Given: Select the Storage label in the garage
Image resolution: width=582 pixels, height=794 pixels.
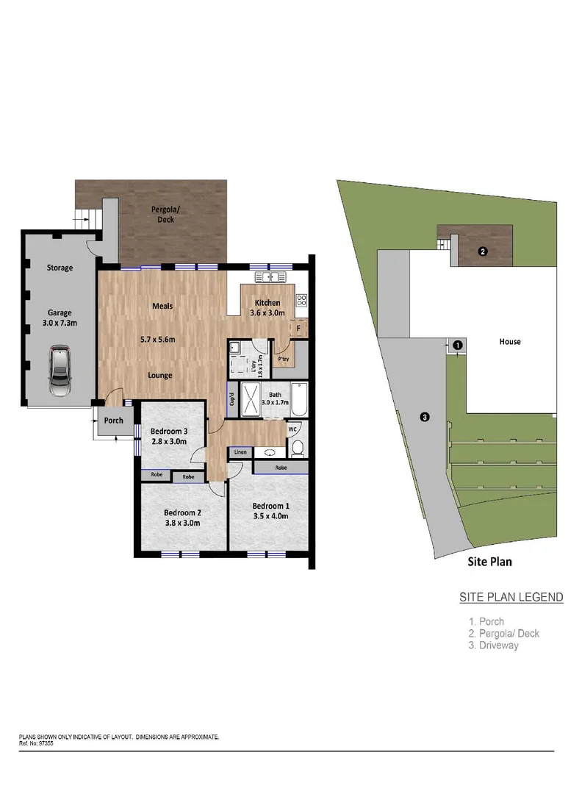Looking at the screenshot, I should coord(60,268).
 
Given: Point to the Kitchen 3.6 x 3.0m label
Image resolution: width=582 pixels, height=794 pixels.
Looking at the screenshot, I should coord(267,308).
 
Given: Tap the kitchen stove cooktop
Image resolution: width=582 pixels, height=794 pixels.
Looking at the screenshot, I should coord(301,299).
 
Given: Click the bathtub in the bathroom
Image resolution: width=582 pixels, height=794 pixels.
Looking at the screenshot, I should coord(299,401).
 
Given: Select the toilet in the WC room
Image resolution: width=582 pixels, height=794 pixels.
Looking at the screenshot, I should coord(298,446).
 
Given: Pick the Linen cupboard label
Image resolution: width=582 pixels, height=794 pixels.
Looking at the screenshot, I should coord(240,452).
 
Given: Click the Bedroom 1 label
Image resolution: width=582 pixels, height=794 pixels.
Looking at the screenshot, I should coord(270,505).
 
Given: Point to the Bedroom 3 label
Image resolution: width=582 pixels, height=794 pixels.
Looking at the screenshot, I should coord(169,431).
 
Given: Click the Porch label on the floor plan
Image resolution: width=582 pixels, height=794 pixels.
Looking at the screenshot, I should coord(114,421).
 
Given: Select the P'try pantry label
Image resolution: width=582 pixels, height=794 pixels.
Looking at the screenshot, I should coord(283,360).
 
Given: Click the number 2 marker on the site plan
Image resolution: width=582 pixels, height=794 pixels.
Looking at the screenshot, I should coord(482,251).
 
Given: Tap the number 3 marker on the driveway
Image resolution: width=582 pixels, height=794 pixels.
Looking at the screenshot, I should coord(425,418).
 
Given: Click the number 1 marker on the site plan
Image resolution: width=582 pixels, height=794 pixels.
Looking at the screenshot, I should coord(456,344).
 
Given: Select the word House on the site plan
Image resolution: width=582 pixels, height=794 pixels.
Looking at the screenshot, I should coord(509,342).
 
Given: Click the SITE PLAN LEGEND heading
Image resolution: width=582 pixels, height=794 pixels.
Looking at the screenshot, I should coord(511,597).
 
